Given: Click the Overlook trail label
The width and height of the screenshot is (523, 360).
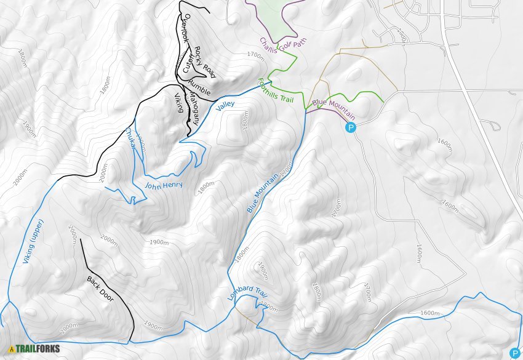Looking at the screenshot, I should coord(183,28).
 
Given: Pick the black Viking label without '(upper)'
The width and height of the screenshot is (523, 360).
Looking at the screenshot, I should coord(178,102).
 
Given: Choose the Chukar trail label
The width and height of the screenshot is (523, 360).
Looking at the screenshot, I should coord(130,137).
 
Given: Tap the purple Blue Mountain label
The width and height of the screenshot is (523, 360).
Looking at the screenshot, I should coord(334,108).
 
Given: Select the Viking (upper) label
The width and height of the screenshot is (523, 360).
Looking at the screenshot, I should coord(33,242).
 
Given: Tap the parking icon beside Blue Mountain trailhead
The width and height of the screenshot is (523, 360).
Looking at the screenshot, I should coord(351,128).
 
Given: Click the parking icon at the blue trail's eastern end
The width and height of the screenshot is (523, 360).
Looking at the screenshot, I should coord(514,353).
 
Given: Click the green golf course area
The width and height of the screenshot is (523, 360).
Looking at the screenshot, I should coord(271,15).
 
